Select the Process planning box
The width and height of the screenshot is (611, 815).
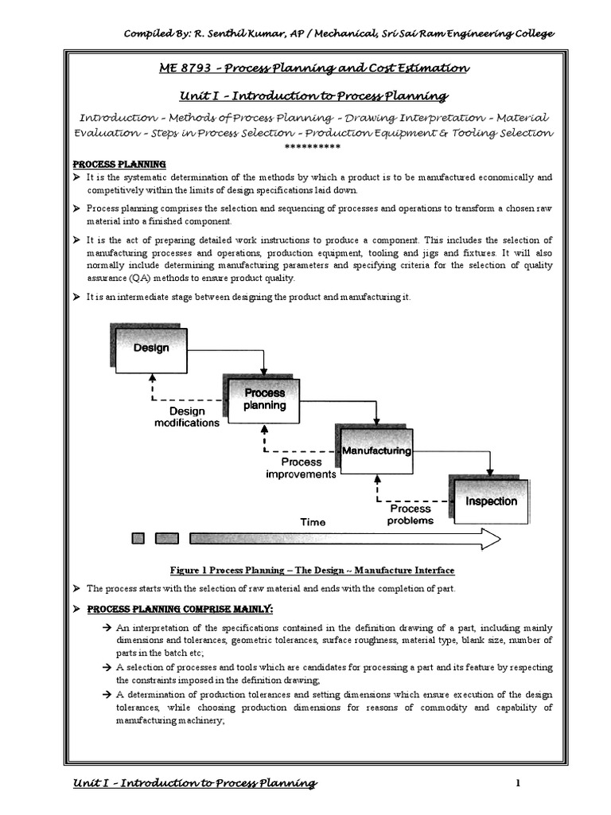tap(264, 399)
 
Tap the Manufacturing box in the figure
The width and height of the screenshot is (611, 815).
tap(376, 450)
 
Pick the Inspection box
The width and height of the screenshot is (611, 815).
tap(491, 501)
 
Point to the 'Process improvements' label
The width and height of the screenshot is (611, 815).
tap(302, 468)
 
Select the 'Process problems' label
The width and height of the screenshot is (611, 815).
tap(410, 515)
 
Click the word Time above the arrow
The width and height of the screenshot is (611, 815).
tap(313, 522)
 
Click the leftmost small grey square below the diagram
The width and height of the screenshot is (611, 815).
tap(138, 539)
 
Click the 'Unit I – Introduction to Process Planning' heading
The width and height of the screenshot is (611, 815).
tap(305, 96)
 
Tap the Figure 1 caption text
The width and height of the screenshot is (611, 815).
tap(311, 571)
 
